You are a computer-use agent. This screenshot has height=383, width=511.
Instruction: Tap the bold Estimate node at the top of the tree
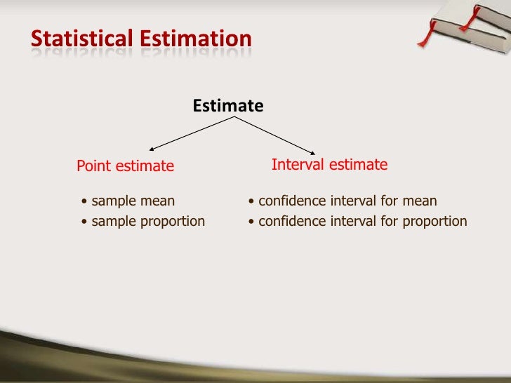click(228, 106)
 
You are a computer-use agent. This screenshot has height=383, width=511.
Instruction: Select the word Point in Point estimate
click(93, 166)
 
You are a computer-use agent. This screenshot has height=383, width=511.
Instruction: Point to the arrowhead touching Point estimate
click(152, 149)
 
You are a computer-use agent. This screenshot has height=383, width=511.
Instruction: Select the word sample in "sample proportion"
click(114, 222)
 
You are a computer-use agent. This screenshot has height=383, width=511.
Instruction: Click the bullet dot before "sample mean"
click(85, 202)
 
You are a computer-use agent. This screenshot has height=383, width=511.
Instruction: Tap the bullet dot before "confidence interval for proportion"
click(252, 222)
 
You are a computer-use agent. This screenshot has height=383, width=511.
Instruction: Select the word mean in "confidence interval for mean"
click(420, 201)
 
